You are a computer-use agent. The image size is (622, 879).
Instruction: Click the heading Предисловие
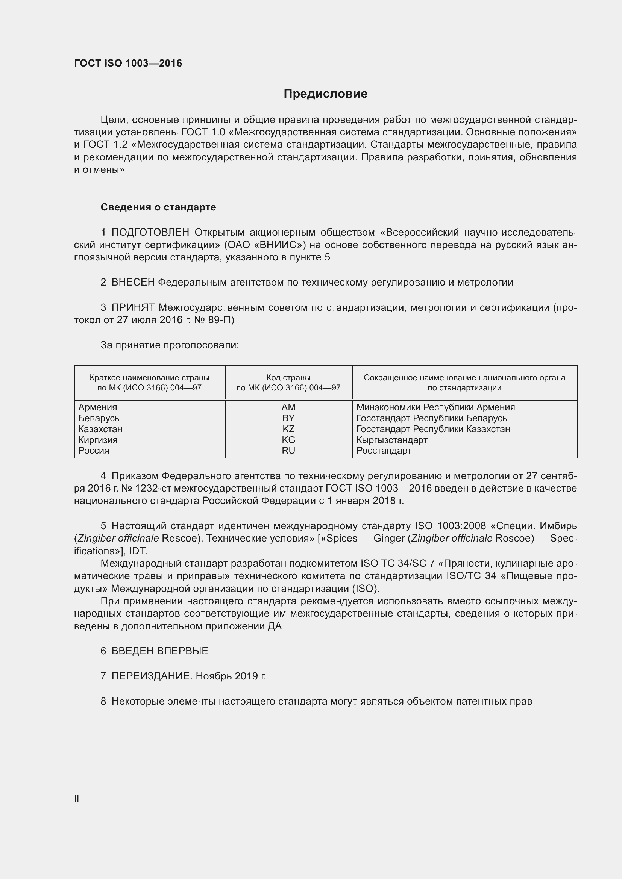click(x=325, y=94)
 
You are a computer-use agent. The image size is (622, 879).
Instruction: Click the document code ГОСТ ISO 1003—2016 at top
click(x=128, y=63)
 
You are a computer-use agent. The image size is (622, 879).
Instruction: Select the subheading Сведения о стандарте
click(x=158, y=207)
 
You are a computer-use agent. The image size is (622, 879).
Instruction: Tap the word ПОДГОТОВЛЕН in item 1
click(x=150, y=232)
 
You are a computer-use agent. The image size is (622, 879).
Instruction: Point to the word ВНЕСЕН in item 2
click(x=133, y=283)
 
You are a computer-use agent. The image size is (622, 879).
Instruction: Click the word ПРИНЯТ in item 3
click(x=133, y=307)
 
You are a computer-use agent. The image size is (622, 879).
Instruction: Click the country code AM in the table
click(x=288, y=407)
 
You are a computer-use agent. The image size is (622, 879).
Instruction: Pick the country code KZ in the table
click(x=288, y=429)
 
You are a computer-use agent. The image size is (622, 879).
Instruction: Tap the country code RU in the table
click(x=288, y=451)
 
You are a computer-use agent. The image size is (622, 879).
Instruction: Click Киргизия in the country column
click(x=98, y=440)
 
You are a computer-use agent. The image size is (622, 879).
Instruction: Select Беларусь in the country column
click(x=99, y=418)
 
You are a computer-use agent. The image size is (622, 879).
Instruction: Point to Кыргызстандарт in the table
click(x=392, y=440)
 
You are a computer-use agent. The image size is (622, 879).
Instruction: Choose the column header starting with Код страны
click(x=288, y=383)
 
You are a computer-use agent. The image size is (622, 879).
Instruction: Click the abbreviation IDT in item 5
click(x=138, y=551)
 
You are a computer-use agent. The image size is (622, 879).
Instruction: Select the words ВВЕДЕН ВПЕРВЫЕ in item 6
click(x=160, y=651)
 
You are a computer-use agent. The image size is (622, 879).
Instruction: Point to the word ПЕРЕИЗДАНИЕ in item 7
click(x=151, y=676)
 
